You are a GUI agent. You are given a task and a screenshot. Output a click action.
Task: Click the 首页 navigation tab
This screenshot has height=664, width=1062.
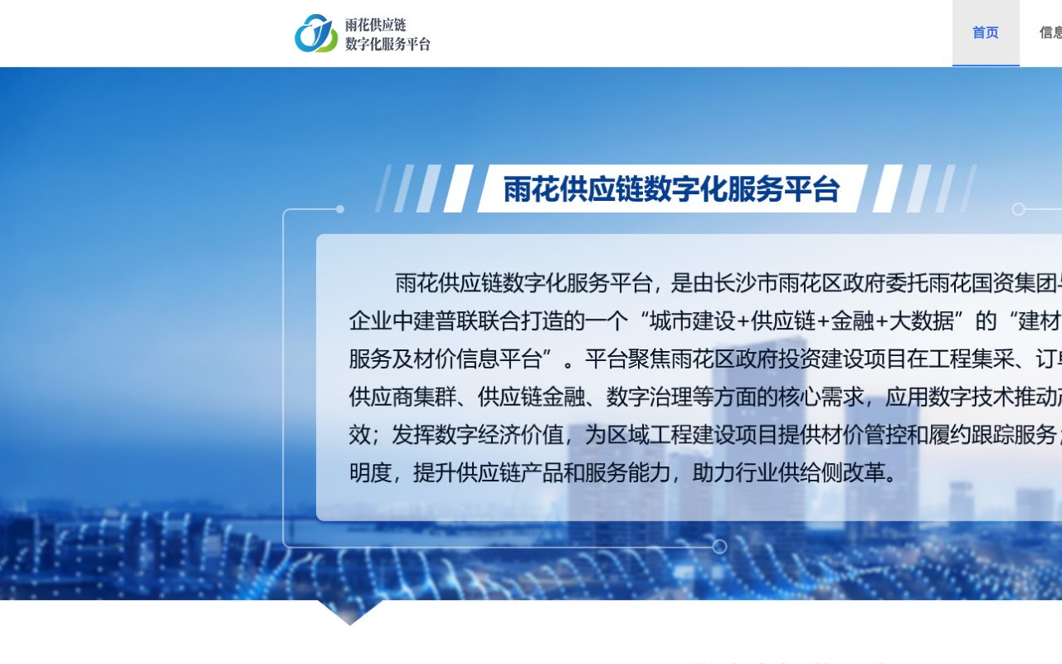tap(985, 33)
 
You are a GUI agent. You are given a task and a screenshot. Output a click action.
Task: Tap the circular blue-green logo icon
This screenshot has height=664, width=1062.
tap(316, 33)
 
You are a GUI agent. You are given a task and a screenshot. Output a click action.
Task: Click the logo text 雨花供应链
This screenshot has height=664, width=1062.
tap(376, 25)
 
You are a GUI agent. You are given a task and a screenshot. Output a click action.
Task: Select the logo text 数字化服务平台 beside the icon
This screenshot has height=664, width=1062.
tap(387, 44)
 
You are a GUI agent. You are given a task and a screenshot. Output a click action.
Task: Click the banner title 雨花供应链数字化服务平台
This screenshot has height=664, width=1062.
tap(671, 189)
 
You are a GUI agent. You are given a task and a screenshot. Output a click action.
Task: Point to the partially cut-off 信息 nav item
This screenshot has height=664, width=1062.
tap(1050, 33)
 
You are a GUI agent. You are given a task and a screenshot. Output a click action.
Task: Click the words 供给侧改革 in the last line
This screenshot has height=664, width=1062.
tap(834, 473)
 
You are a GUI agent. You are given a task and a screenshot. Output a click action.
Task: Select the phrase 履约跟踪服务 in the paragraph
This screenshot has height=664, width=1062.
tap(994, 435)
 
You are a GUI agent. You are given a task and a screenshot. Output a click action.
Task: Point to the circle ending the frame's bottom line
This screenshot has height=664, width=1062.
tap(719, 546)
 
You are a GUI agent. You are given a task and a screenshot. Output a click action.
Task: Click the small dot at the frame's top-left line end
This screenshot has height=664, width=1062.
tap(339, 209)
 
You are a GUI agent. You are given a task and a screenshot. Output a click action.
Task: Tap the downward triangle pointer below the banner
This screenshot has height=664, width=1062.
tap(350, 613)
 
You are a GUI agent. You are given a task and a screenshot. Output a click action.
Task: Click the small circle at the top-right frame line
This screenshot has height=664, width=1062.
tap(1019, 209)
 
